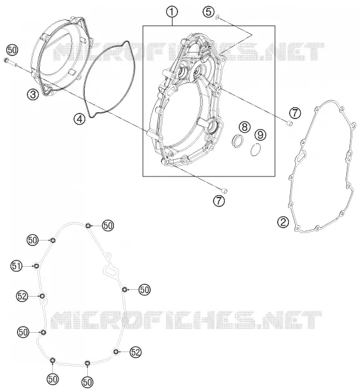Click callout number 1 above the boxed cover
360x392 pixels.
click(x=172, y=12)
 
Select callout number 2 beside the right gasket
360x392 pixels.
click(x=283, y=222)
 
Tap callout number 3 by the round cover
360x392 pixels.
click(x=33, y=94)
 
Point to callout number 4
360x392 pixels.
click(x=80, y=119)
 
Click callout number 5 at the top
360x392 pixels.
click(x=209, y=12)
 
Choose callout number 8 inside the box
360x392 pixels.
click(x=245, y=127)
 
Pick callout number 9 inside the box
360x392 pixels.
click(x=260, y=135)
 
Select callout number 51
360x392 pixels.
click(x=16, y=265)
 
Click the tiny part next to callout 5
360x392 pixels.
click(x=217, y=17)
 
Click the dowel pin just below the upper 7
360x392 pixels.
click(x=289, y=123)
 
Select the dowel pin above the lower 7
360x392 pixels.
click(x=225, y=190)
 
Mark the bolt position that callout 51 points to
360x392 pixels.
click(x=37, y=266)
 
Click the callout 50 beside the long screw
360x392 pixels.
click(x=12, y=50)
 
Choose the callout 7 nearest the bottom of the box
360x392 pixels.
click(x=219, y=201)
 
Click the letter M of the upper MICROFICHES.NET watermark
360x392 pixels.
click(x=62, y=52)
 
